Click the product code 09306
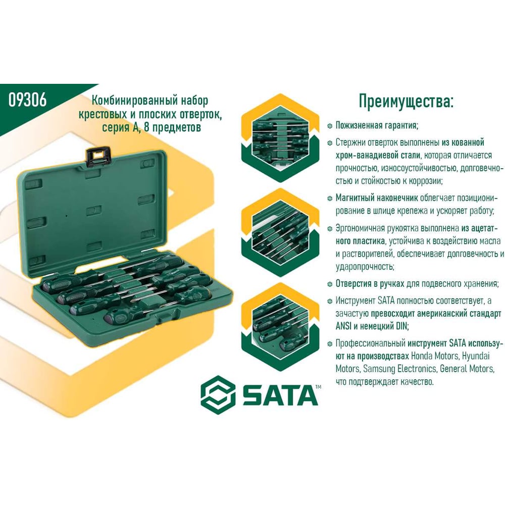click(27, 99)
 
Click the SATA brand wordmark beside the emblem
click(280, 395)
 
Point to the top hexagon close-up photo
click(280, 138)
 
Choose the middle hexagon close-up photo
click(280, 232)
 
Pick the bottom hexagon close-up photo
click(280, 326)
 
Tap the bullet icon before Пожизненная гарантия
click(329, 126)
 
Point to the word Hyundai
click(476, 356)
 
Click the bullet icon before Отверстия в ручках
click(329, 284)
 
